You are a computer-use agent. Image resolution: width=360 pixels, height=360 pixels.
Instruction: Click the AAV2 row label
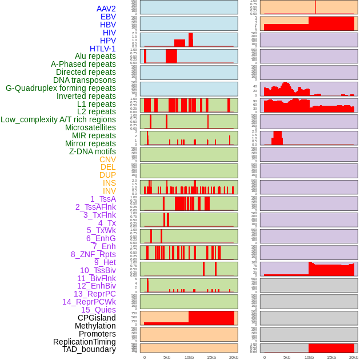point(106,9)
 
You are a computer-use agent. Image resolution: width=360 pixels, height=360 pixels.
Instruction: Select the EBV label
point(107,17)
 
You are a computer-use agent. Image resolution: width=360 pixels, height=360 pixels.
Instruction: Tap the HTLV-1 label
point(102,49)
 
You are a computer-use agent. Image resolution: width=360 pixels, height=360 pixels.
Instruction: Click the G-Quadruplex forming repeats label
point(61,88)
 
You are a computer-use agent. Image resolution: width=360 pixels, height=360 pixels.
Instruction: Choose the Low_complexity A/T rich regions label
point(58,119)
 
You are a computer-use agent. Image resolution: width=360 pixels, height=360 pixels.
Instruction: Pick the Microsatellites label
point(90,127)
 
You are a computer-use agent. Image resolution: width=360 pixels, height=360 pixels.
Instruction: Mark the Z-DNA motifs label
point(92,151)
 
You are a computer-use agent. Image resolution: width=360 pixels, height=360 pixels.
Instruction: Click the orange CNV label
point(107,159)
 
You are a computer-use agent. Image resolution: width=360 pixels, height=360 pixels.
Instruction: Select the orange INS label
point(109,183)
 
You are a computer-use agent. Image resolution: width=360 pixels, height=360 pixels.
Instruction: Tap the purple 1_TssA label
point(103,199)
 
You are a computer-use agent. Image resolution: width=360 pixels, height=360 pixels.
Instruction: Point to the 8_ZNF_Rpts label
point(93,254)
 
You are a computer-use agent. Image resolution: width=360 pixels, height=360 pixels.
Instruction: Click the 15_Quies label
point(98,310)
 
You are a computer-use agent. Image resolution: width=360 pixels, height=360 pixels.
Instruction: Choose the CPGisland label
point(97,318)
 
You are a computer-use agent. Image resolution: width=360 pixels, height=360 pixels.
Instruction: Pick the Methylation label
point(95,326)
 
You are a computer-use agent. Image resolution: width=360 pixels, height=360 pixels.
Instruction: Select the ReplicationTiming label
point(84,342)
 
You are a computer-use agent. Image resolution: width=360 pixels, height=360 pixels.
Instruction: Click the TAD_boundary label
point(89,349)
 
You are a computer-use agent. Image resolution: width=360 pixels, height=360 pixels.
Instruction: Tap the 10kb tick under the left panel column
point(189,357)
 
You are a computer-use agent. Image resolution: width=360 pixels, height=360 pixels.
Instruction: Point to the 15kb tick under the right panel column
point(331,357)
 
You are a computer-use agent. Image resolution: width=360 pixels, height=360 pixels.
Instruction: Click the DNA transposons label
point(85,80)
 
